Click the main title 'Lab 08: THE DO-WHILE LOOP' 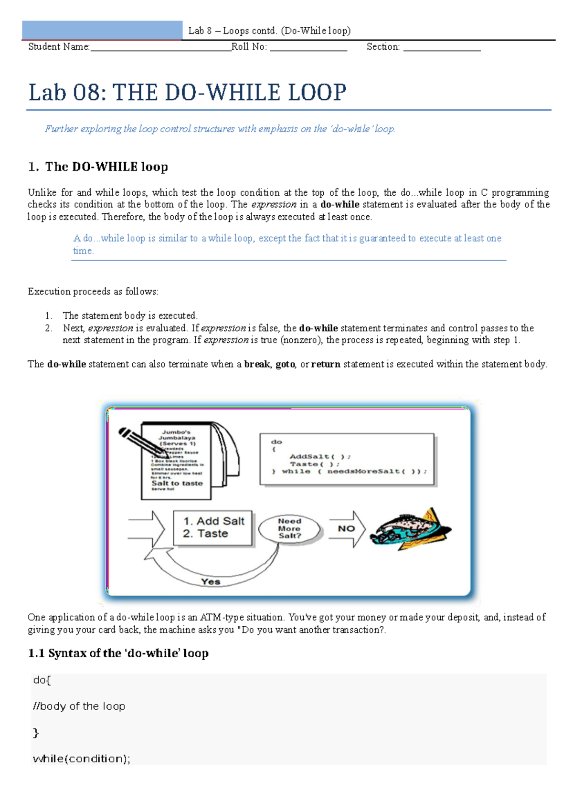[187, 93]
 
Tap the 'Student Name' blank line [160, 47]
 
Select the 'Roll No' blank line [308, 47]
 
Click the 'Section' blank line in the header [442, 47]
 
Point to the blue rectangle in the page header [102, 30]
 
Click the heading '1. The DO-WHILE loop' [98, 167]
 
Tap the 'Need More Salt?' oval [289, 529]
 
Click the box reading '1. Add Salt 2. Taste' [212, 528]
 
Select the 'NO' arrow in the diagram [347, 529]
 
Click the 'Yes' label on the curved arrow [211, 581]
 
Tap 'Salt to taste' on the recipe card [177, 483]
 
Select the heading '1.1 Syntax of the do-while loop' [118, 653]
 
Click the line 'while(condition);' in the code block [81, 758]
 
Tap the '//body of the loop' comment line [79, 706]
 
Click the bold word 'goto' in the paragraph [285, 364]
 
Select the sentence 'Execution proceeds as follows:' [93, 292]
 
